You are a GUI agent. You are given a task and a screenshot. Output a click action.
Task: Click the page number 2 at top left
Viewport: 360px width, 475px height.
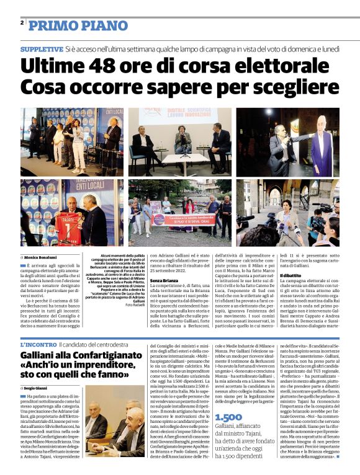click(22, 23)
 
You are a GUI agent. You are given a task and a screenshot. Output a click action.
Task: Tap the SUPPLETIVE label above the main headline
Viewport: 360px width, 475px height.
click(42, 48)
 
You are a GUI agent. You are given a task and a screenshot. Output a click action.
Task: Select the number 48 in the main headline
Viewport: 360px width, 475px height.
click(110, 66)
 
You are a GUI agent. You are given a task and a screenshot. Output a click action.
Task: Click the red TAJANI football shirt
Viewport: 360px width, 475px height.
click(66, 223)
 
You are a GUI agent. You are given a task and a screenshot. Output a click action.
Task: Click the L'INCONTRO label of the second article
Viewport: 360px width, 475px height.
click(38, 344)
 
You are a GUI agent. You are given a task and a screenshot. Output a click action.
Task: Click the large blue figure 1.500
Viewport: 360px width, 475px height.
click(228, 417)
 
